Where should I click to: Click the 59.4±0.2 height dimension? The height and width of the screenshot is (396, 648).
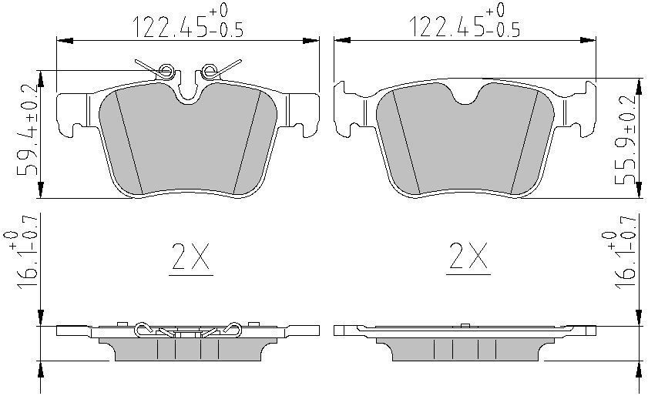point(27,130)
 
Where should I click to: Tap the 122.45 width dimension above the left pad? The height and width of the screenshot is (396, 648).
point(189,21)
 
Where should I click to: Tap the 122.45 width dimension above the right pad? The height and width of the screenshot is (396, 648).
point(465,21)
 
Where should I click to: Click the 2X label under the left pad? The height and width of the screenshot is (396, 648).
point(190,257)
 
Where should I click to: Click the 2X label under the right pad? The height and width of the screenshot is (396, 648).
point(468,257)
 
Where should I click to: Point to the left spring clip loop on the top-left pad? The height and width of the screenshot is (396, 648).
point(166,71)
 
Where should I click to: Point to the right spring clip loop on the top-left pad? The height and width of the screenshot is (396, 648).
point(208,71)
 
